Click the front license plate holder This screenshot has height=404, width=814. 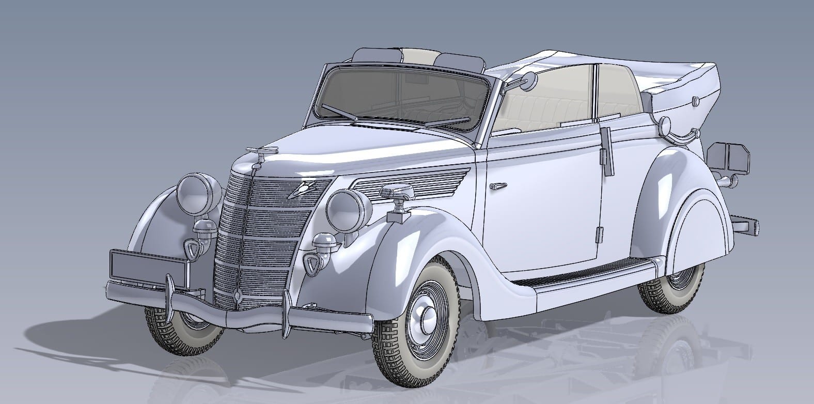[x=148, y=266]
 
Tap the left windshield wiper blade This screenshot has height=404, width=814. [x=338, y=112]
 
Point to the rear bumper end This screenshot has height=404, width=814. [x=746, y=226]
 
